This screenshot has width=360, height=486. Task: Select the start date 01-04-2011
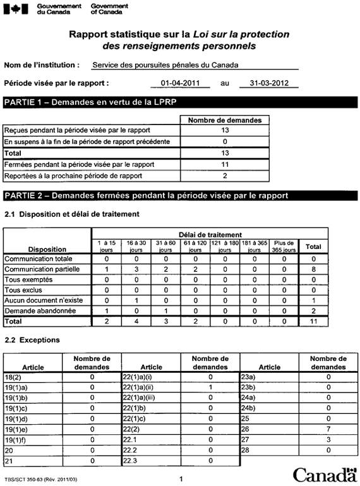pyautogui.click(x=180, y=83)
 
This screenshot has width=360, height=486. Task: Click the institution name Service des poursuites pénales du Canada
pyautogui.click(x=165, y=64)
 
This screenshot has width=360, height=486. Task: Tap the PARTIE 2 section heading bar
pyautogui.click(x=180, y=195)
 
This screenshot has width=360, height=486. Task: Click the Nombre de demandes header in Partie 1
pyautogui.click(x=225, y=119)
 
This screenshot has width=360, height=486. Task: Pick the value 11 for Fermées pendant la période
pyautogui.click(x=225, y=164)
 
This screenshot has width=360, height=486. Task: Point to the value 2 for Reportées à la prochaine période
pyautogui.click(x=225, y=175)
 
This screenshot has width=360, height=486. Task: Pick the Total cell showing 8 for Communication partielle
pyautogui.click(x=313, y=269)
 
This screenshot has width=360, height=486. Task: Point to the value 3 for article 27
pyautogui.click(x=328, y=439)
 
